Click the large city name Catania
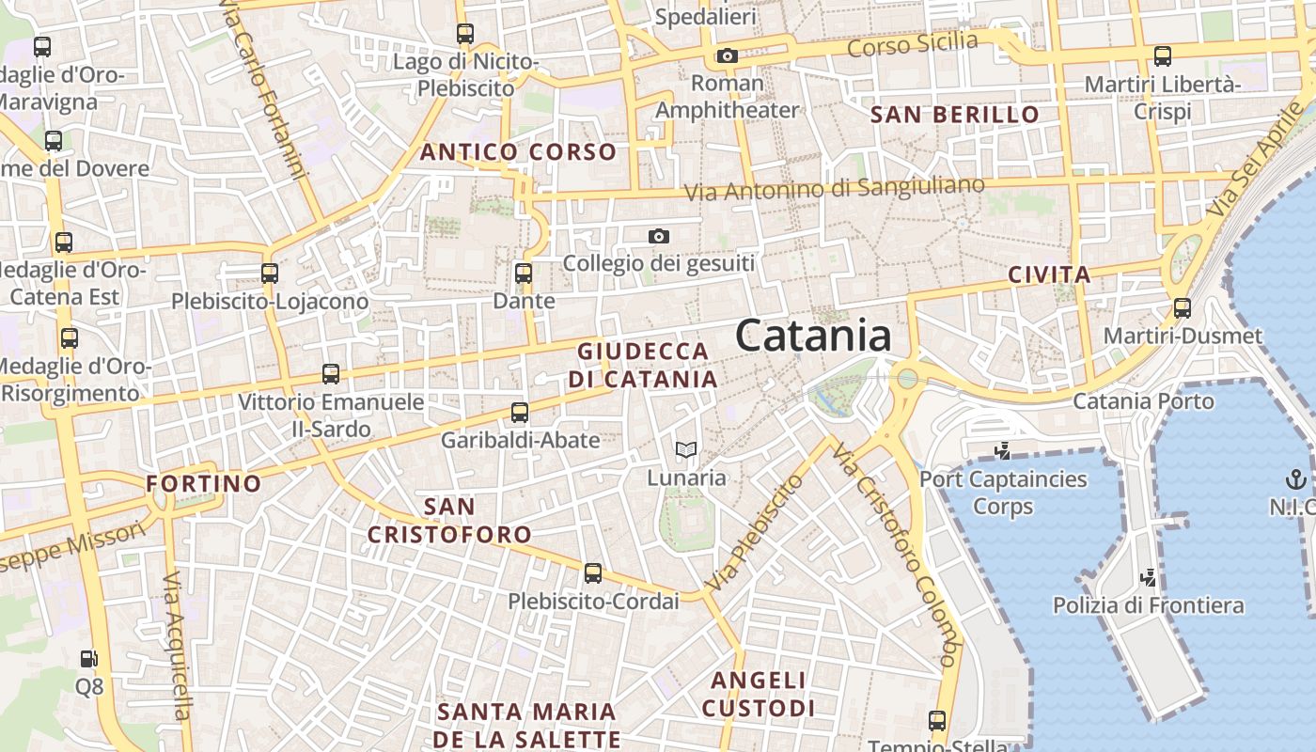pyautogui.click(x=813, y=336)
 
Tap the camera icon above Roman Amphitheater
pyautogui.click(x=727, y=56)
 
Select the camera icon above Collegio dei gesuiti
pyautogui.click(x=659, y=236)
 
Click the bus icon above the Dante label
pyautogui.click(x=524, y=274)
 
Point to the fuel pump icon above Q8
pyautogui.click(x=88, y=660)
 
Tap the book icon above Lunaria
pyautogui.click(x=686, y=451)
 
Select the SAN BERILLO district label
pyautogui.click(x=955, y=116)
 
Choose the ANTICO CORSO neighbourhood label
pyautogui.click(x=518, y=152)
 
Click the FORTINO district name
pyautogui.click(x=204, y=484)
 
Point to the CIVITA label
pyautogui.click(x=1049, y=275)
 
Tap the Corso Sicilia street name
pyautogui.click(x=913, y=43)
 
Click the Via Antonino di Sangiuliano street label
pyautogui.click(x=834, y=188)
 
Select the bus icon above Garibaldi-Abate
pyautogui.click(x=520, y=412)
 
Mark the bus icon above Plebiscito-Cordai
pyautogui.click(x=592, y=573)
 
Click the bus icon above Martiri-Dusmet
pyautogui.click(x=1183, y=307)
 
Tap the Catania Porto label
pyautogui.click(x=1143, y=401)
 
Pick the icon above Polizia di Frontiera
pyautogui.click(x=1148, y=577)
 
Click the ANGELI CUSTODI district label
pyautogui.click(x=758, y=694)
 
